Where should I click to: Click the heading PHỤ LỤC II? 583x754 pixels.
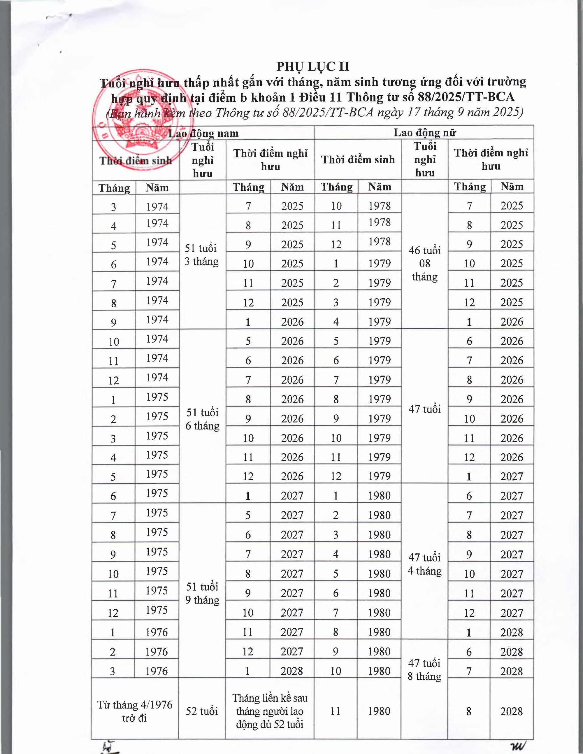click(313, 66)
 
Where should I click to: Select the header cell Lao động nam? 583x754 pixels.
click(203, 133)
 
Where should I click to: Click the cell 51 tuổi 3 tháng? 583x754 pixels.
click(202, 255)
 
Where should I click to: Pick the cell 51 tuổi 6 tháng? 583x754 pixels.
click(202, 419)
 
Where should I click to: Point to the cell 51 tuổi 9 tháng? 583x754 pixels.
click(202, 593)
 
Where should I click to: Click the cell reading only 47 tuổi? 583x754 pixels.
click(424, 409)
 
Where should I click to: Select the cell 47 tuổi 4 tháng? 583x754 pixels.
click(424, 564)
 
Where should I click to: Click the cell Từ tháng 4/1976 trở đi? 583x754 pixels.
click(135, 711)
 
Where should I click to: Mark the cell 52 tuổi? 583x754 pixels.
click(202, 711)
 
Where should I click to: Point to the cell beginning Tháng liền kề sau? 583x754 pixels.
click(270, 711)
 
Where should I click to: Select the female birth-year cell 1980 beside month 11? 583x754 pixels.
click(379, 711)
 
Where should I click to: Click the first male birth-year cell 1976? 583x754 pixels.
click(157, 632)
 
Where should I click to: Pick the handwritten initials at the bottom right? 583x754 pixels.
click(517, 746)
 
